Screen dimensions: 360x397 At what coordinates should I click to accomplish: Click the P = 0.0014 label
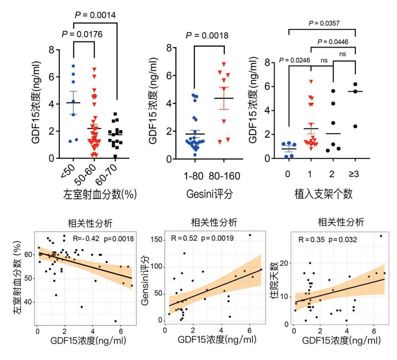[x=95, y=15]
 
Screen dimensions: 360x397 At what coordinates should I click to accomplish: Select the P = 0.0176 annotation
[x=82, y=34]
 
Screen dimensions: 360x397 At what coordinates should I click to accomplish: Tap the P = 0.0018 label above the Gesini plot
[x=207, y=35]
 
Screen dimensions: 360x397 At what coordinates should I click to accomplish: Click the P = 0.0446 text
[x=333, y=42]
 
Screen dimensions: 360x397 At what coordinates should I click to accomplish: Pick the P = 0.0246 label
[x=295, y=60]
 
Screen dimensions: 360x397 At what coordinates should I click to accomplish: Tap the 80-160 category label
[x=224, y=176]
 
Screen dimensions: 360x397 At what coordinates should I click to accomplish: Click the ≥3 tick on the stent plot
[x=354, y=174]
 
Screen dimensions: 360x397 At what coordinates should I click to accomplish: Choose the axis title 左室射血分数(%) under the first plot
[x=100, y=194]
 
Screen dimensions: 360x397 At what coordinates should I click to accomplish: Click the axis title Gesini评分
[x=210, y=194]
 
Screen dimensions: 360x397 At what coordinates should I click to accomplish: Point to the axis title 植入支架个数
[x=323, y=194]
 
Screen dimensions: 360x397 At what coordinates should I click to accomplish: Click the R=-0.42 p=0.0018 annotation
[x=103, y=239]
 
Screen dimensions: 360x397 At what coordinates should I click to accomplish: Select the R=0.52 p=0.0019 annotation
[x=202, y=239]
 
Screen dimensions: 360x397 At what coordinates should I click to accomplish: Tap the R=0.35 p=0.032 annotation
[x=328, y=240]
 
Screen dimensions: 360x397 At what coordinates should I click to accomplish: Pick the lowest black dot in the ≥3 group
[x=355, y=126]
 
